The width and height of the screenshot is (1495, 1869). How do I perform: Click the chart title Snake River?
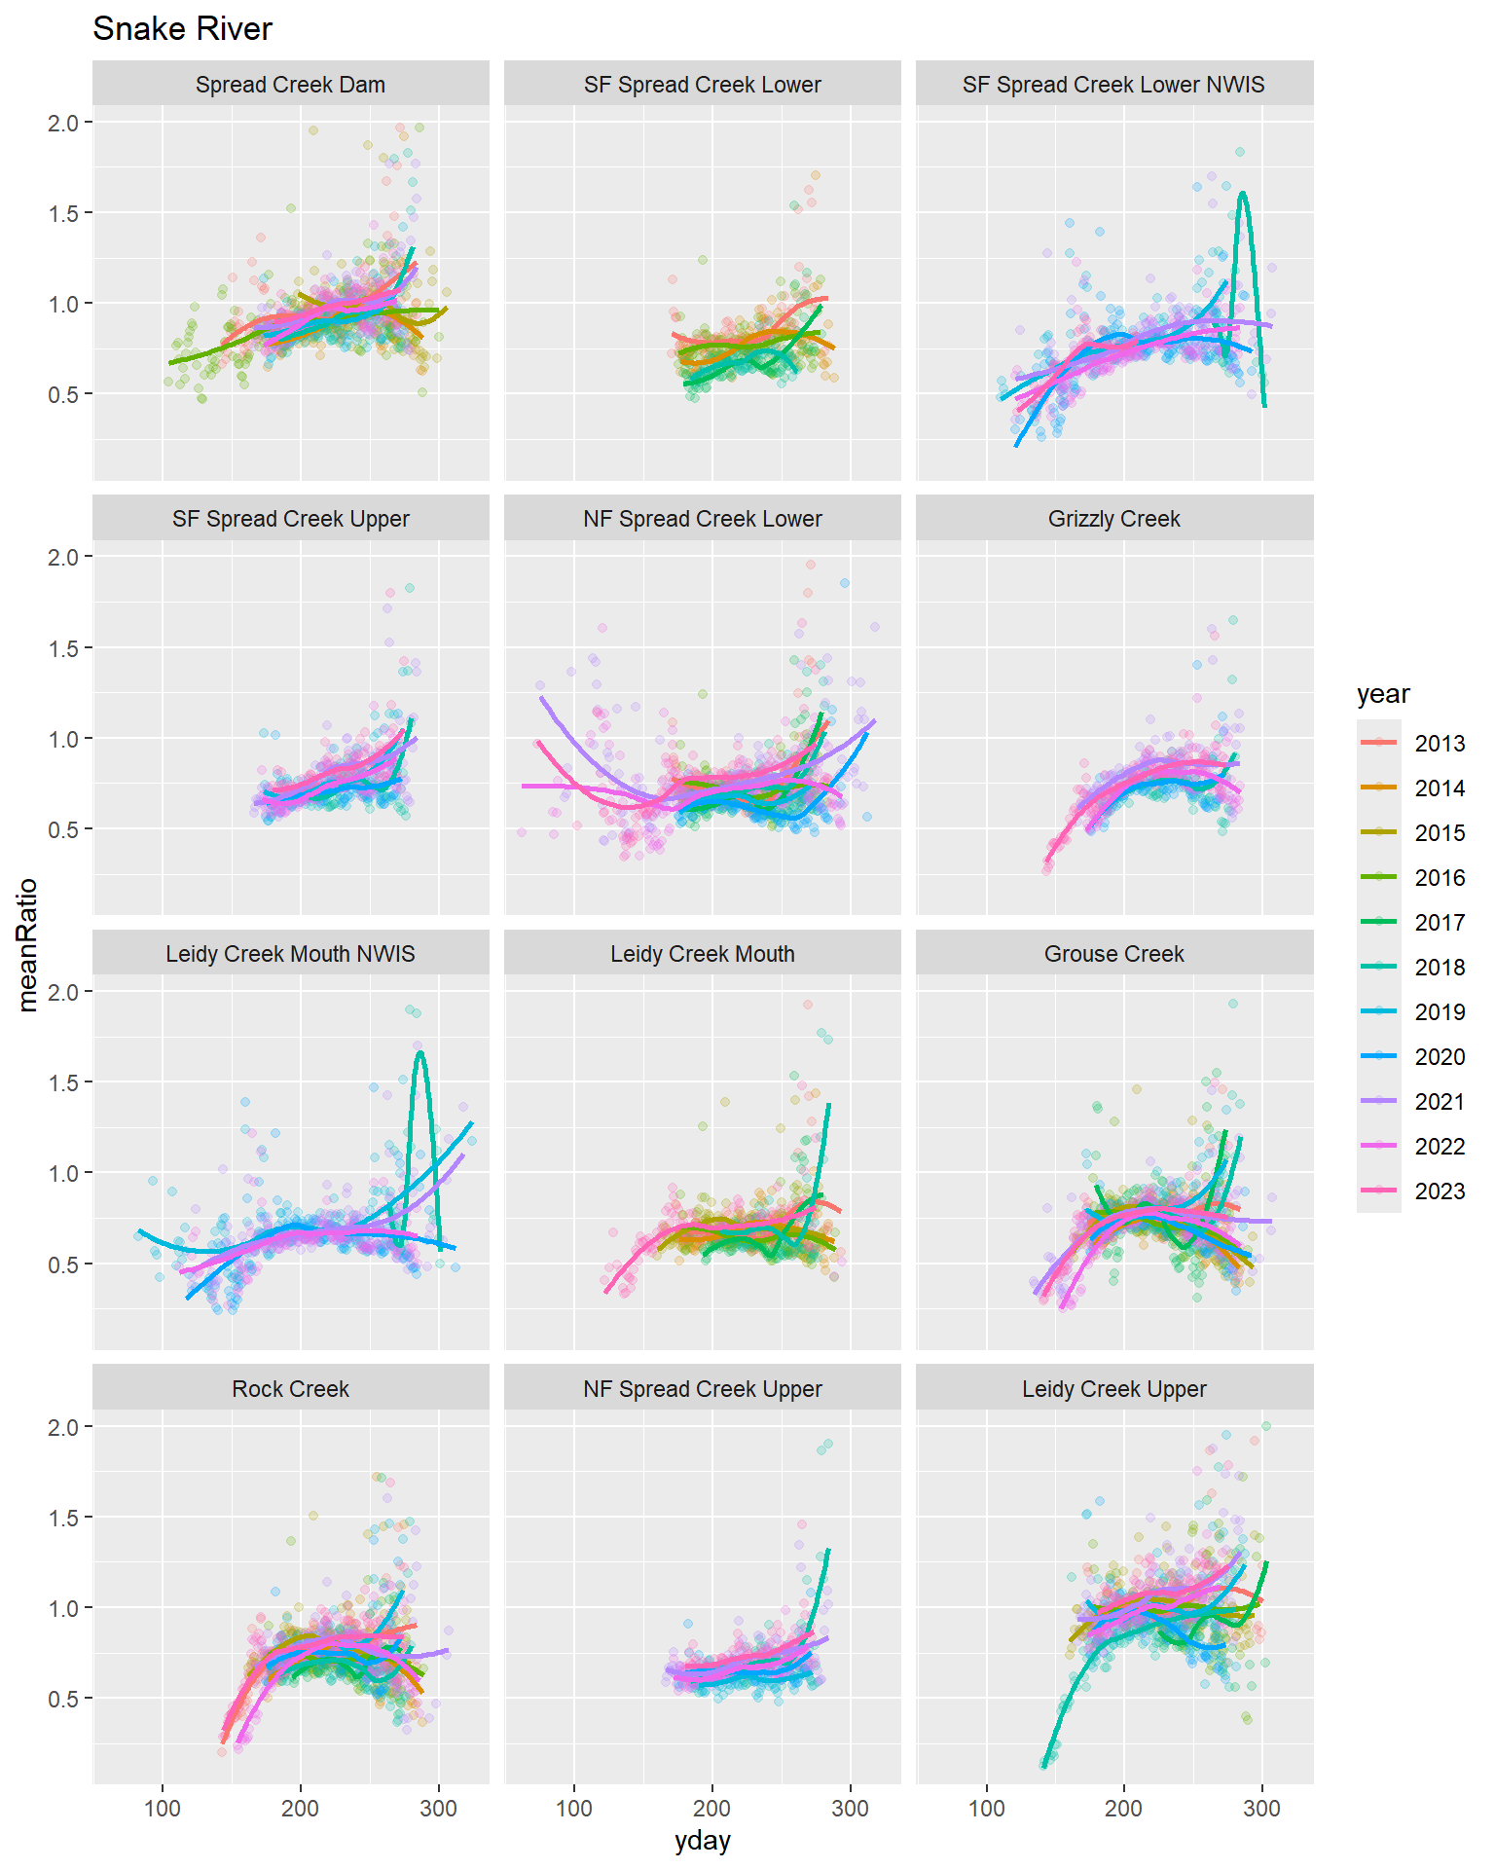[x=182, y=29]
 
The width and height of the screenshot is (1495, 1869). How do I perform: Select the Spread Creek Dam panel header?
[x=290, y=85]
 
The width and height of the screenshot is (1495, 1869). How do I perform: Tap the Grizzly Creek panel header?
[x=1113, y=519]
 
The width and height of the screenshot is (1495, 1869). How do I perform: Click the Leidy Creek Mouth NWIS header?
[x=290, y=954]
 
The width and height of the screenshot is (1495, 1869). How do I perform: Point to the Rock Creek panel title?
[x=290, y=1389]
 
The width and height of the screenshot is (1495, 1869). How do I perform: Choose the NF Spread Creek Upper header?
[x=702, y=1389]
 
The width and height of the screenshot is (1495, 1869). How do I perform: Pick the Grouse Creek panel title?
[x=1113, y=954]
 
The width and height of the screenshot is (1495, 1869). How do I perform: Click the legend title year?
[x=1383, y=694]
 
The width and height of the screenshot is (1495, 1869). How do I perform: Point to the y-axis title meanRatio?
[x=27, y=944]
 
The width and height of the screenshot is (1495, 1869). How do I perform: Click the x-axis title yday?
[x=702, y=1841]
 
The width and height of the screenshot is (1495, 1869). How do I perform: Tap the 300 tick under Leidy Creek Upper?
[x=1262, y=1809]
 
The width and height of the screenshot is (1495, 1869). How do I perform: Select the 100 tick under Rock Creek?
[x=163, y=1809]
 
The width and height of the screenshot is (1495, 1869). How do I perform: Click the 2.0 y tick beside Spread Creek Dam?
[x=63, y=123]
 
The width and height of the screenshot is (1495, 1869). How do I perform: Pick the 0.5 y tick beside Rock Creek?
[x=63, y=1699]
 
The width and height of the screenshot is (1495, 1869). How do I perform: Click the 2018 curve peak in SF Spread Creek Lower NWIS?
[x=1243, y=193]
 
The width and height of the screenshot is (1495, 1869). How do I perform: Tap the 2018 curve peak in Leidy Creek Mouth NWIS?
[x=419, y=1051]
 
